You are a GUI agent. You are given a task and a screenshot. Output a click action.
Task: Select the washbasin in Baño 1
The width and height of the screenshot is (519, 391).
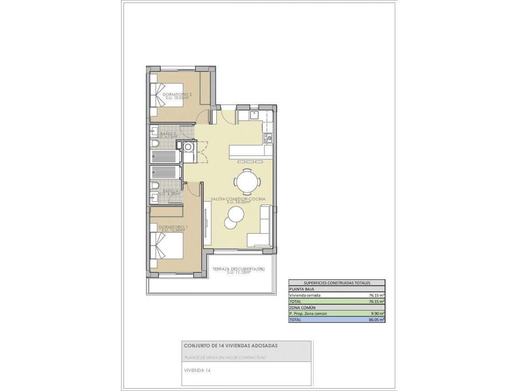tap(154, 196)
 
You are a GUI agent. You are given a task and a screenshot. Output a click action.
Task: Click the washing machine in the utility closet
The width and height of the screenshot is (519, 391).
tap(188, 147)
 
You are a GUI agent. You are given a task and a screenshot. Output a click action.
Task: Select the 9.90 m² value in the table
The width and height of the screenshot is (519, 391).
tap(378, 314)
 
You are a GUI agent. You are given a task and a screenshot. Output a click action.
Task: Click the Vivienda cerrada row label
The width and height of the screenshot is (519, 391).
tap(305, 295)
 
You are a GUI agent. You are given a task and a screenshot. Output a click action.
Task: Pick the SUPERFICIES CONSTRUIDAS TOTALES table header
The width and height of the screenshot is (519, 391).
tap(337, 282)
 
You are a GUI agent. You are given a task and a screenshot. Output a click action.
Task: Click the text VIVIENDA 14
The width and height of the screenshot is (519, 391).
tap(197, 371)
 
